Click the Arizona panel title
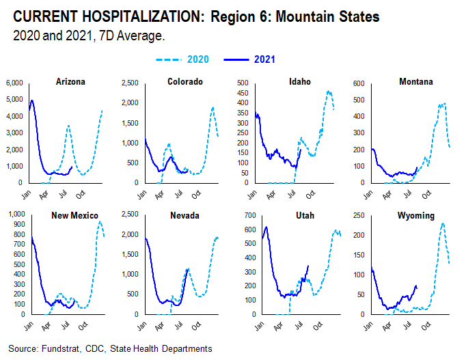coord(70,82)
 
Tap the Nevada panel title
coord(183,216)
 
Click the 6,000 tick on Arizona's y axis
coord(14,83)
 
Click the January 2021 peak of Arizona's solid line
coord(32,100)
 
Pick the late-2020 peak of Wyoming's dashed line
coord(443,223)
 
